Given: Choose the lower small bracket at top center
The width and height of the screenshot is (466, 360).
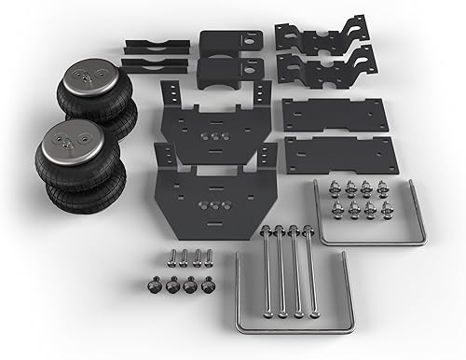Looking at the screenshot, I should click(229, 72).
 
